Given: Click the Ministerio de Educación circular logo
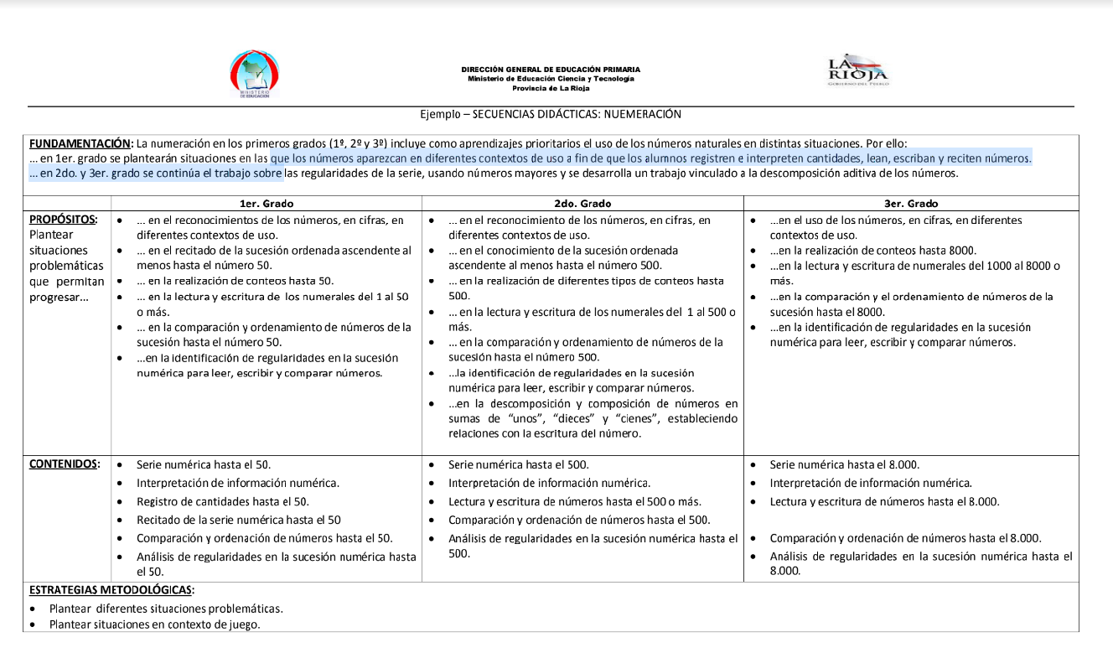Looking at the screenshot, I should pos(255,74).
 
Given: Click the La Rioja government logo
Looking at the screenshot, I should pos(857,70).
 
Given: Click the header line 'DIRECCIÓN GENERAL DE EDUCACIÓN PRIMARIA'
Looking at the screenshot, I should pos(551,70).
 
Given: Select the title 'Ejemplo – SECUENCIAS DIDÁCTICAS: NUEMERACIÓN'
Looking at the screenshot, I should pos(551,114).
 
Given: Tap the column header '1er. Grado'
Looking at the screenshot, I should pos(267,204).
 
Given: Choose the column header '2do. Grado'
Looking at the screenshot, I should pos(582,204).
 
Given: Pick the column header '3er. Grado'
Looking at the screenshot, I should pos(911,204).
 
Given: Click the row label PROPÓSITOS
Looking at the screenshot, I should pos(63,220).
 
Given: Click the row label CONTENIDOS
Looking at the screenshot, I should pos(65,464).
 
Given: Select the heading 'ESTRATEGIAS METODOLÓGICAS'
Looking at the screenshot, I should pos(111,590).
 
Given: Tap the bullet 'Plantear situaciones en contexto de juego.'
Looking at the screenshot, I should pos(154,624).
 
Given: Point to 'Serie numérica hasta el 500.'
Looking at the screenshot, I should pos(518,464).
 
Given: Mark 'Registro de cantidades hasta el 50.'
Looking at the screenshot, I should pos(223,501).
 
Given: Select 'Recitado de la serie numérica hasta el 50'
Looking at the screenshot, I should pos(239,520).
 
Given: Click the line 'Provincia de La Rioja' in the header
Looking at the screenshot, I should pos(551,88).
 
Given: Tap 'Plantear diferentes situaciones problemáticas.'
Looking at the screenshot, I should pos(166,609).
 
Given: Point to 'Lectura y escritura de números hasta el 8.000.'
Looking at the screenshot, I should pos(884,501).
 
